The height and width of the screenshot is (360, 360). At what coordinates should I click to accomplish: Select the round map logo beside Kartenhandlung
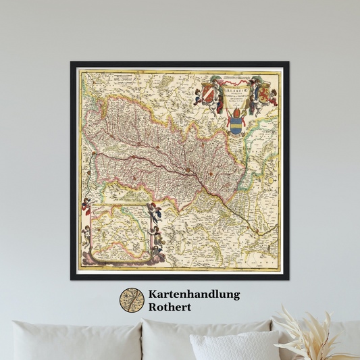132,301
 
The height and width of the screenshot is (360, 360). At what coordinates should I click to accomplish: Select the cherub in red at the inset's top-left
86,203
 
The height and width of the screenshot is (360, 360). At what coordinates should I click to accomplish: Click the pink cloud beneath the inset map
118,259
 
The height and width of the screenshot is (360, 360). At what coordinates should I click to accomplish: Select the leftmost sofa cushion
74,341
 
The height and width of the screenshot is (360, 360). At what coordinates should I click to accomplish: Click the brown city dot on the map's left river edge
93,155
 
